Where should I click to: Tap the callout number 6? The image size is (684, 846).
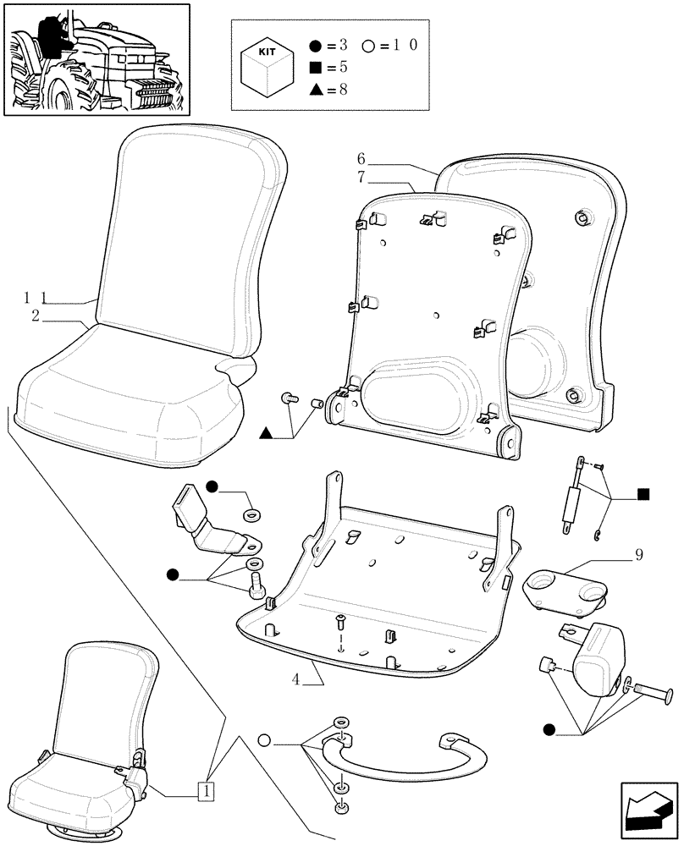coord(361,159)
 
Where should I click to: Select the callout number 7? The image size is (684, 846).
coord(361,177)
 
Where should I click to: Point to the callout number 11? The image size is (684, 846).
coord(33,297)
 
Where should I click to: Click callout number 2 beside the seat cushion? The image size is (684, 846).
coord(36,316)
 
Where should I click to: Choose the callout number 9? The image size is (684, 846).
coord(638,556)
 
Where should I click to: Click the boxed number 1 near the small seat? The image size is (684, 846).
coord(205,791)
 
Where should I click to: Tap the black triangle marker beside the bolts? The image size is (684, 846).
coord(266,434)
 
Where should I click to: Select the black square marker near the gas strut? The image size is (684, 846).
coord(643,494)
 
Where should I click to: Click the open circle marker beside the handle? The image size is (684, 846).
coord(264,741)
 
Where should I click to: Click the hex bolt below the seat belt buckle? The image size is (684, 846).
coord(256,582)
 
